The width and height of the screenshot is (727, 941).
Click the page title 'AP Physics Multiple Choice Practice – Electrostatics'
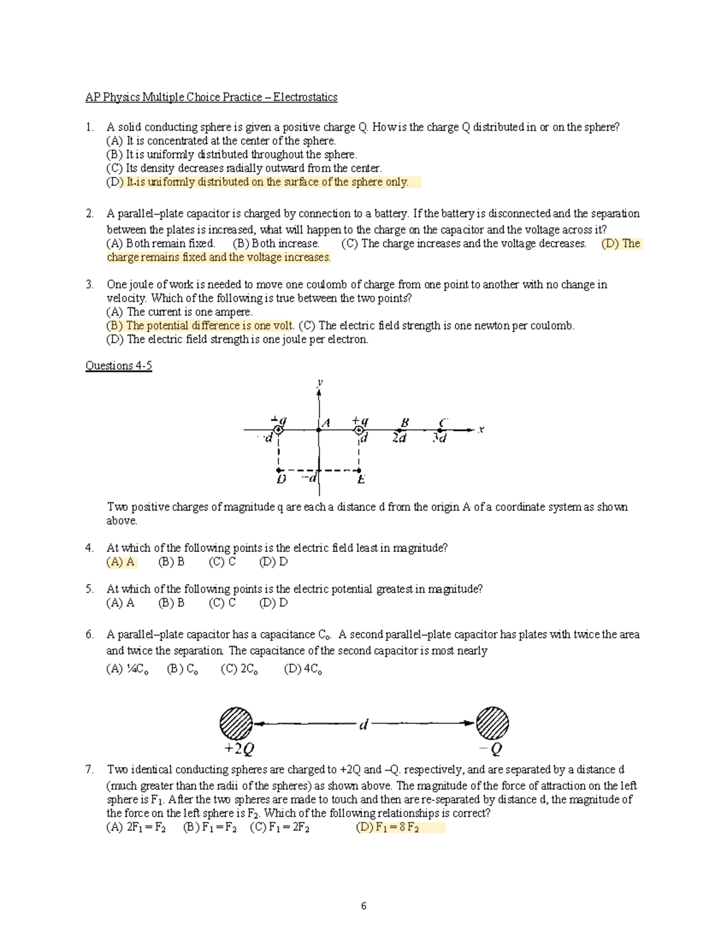(211, 97)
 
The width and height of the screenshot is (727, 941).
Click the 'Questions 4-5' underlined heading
(118, 365)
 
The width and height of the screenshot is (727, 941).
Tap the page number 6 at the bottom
(363, 906)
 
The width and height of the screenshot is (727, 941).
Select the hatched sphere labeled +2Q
(236, 722)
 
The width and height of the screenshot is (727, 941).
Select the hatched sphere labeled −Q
(493, 722)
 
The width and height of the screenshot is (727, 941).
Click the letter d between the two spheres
(363, 724)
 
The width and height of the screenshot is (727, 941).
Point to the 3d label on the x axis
(440, 438)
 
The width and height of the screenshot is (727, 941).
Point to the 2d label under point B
(399, 438)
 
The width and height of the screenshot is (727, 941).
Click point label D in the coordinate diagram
(281, 480)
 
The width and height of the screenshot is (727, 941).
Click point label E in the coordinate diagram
(360, 480)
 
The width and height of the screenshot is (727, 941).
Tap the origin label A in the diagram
(325, 423)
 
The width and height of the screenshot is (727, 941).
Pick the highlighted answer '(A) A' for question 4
(121, 562)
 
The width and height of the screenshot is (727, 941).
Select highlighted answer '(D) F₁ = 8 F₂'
(388, 828)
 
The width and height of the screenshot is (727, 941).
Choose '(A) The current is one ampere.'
(179, 312)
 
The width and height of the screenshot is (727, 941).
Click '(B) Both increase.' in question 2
(276, 244)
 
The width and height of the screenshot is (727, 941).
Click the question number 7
(90, 770)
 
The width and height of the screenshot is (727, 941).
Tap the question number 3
(90, 284)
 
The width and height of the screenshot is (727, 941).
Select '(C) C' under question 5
(222, 603)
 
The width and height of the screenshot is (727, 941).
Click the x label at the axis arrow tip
(481, 430)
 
